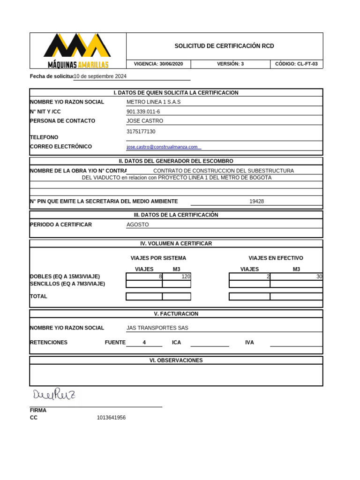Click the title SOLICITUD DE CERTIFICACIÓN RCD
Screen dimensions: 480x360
coord(224,46)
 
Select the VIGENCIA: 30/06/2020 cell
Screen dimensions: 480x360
coord(158,64)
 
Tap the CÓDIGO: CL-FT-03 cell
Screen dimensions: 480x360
coord(296,64)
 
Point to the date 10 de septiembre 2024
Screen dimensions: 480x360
coord(100,76)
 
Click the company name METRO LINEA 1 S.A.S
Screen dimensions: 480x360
coord(153,102)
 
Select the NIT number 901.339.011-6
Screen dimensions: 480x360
coord(143,112)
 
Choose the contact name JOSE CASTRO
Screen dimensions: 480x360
coord(145,121)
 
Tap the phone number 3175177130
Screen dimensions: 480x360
coord(141,132)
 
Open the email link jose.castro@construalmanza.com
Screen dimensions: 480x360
coord(162,147)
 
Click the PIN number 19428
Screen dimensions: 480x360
coord(256,201)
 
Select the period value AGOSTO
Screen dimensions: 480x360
coord(137,225)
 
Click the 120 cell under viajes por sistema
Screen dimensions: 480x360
coord(177,277)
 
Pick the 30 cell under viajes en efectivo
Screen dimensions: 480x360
coord(296,277)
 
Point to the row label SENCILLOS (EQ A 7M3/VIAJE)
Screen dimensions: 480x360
coord(67,284)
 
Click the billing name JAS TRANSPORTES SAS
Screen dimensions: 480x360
coord(157,328)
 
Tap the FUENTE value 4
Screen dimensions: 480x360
coord(144,343)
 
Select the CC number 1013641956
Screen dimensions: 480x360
coord(111,418)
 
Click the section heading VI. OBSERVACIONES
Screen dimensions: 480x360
coord(176,360)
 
